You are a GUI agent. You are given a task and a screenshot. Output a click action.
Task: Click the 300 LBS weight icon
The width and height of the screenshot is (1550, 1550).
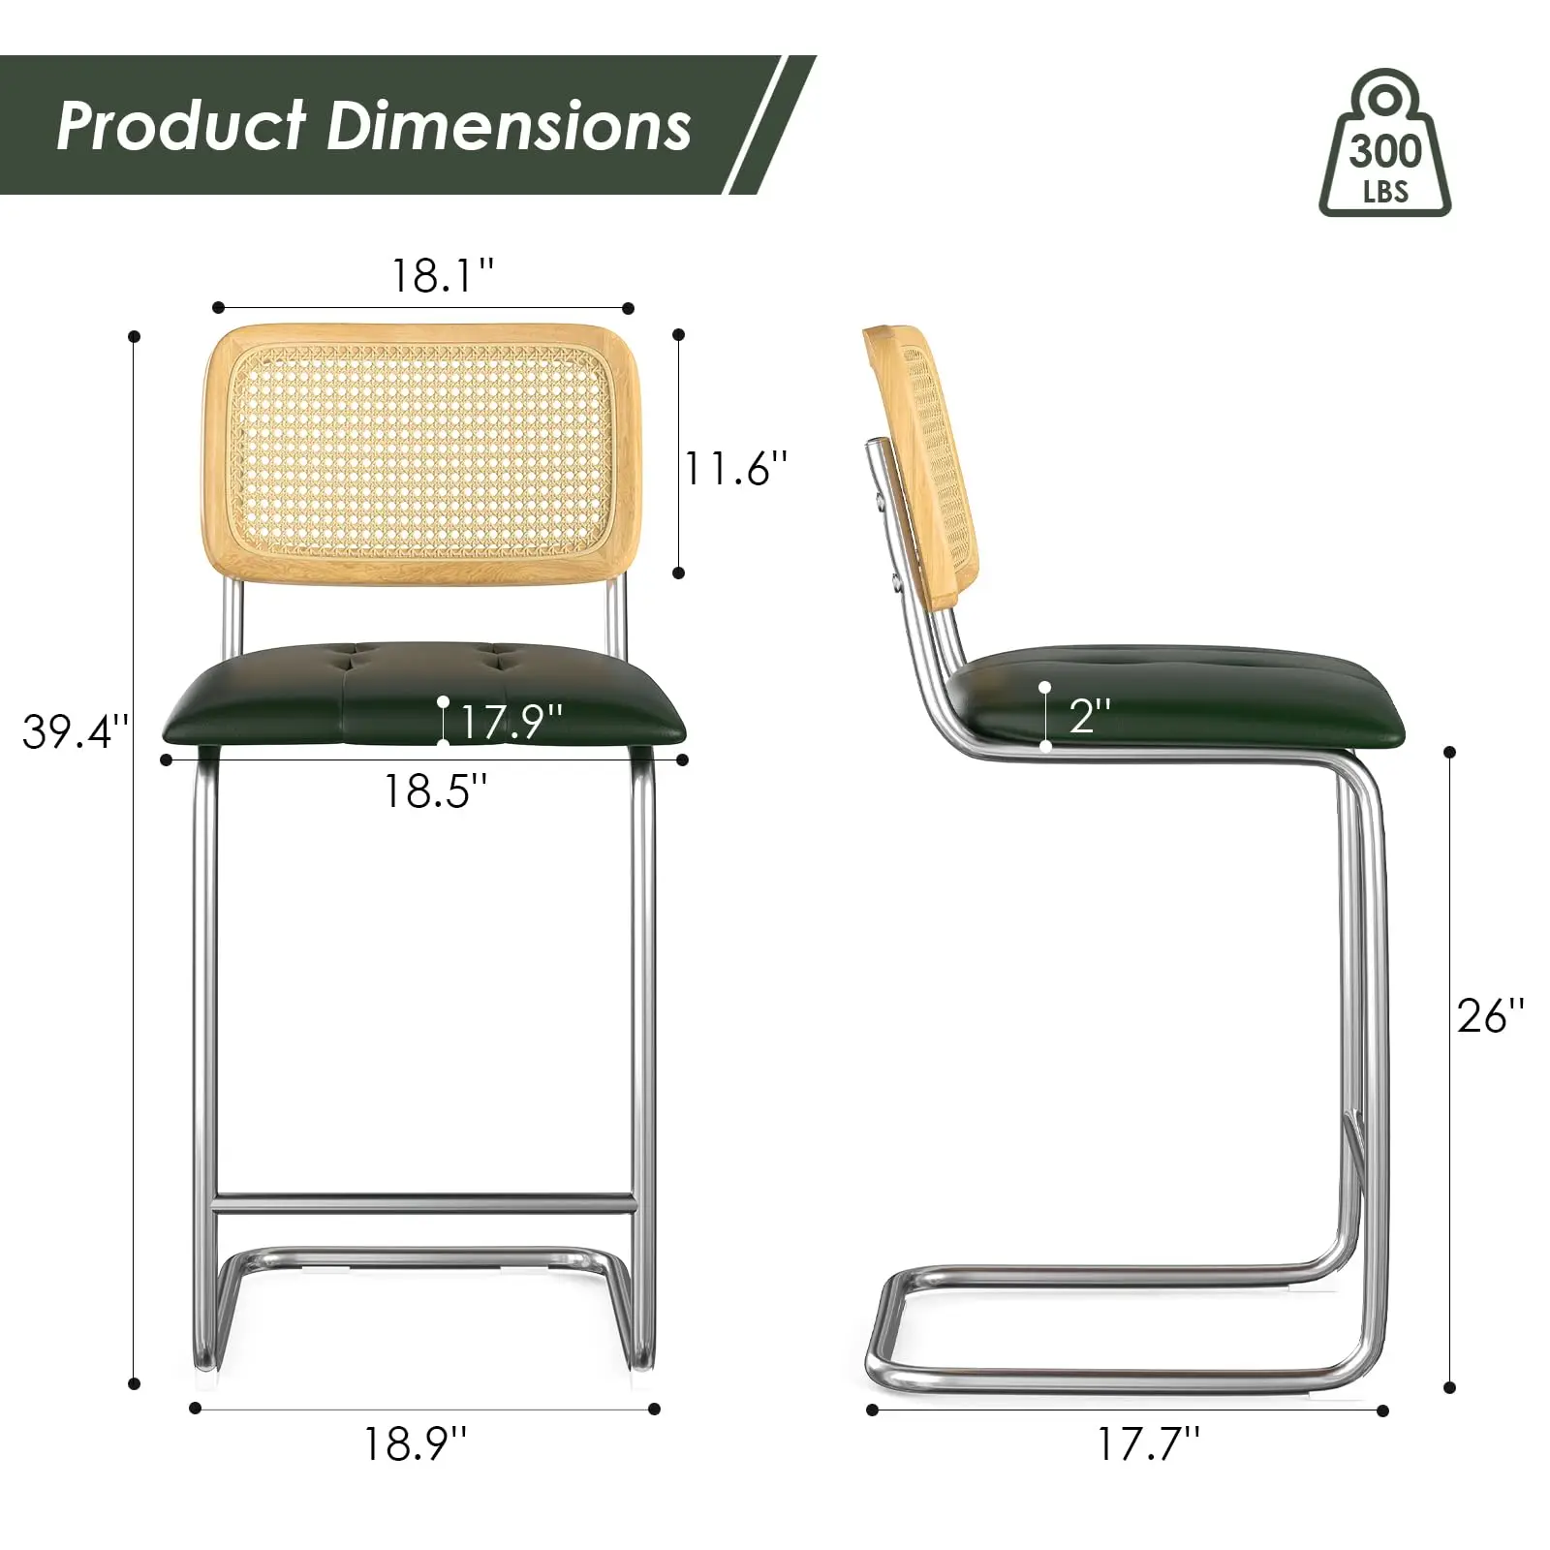[x=1384, y=145]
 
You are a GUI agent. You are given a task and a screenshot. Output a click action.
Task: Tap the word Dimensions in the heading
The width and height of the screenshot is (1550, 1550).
[x=509, y=126]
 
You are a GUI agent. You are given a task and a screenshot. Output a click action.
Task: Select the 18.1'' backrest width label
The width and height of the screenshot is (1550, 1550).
[x=442, y=276]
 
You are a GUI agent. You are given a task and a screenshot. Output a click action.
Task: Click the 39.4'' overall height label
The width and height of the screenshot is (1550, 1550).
[x=75, y=731]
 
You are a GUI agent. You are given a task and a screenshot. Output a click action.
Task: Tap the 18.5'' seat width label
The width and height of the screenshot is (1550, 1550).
[x=435, y=791]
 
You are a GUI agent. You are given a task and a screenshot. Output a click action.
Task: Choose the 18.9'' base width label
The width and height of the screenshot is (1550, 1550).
[x=415, y=1444]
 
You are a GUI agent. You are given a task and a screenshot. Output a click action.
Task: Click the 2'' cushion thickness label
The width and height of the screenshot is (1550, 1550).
[x=1090, y=716]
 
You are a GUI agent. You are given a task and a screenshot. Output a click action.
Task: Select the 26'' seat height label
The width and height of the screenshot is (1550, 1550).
[x=1490, y=1016]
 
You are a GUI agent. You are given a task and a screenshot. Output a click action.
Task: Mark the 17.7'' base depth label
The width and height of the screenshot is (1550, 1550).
[x=1148, y=1444]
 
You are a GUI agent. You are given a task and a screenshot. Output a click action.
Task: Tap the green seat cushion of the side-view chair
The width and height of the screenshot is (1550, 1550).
[x=1182, y=697]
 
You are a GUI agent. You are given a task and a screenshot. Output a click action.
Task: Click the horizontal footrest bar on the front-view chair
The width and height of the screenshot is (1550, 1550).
[x=423, y=1204]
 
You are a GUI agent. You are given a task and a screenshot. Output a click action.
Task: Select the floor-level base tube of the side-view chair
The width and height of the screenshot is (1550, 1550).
[x=1114, y=1374]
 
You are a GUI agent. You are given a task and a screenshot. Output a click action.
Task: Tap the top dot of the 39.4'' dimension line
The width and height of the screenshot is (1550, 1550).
[x=135, y=336]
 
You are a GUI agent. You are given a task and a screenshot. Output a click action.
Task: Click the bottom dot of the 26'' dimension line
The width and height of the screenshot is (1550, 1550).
[x=1449, y=1388]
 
